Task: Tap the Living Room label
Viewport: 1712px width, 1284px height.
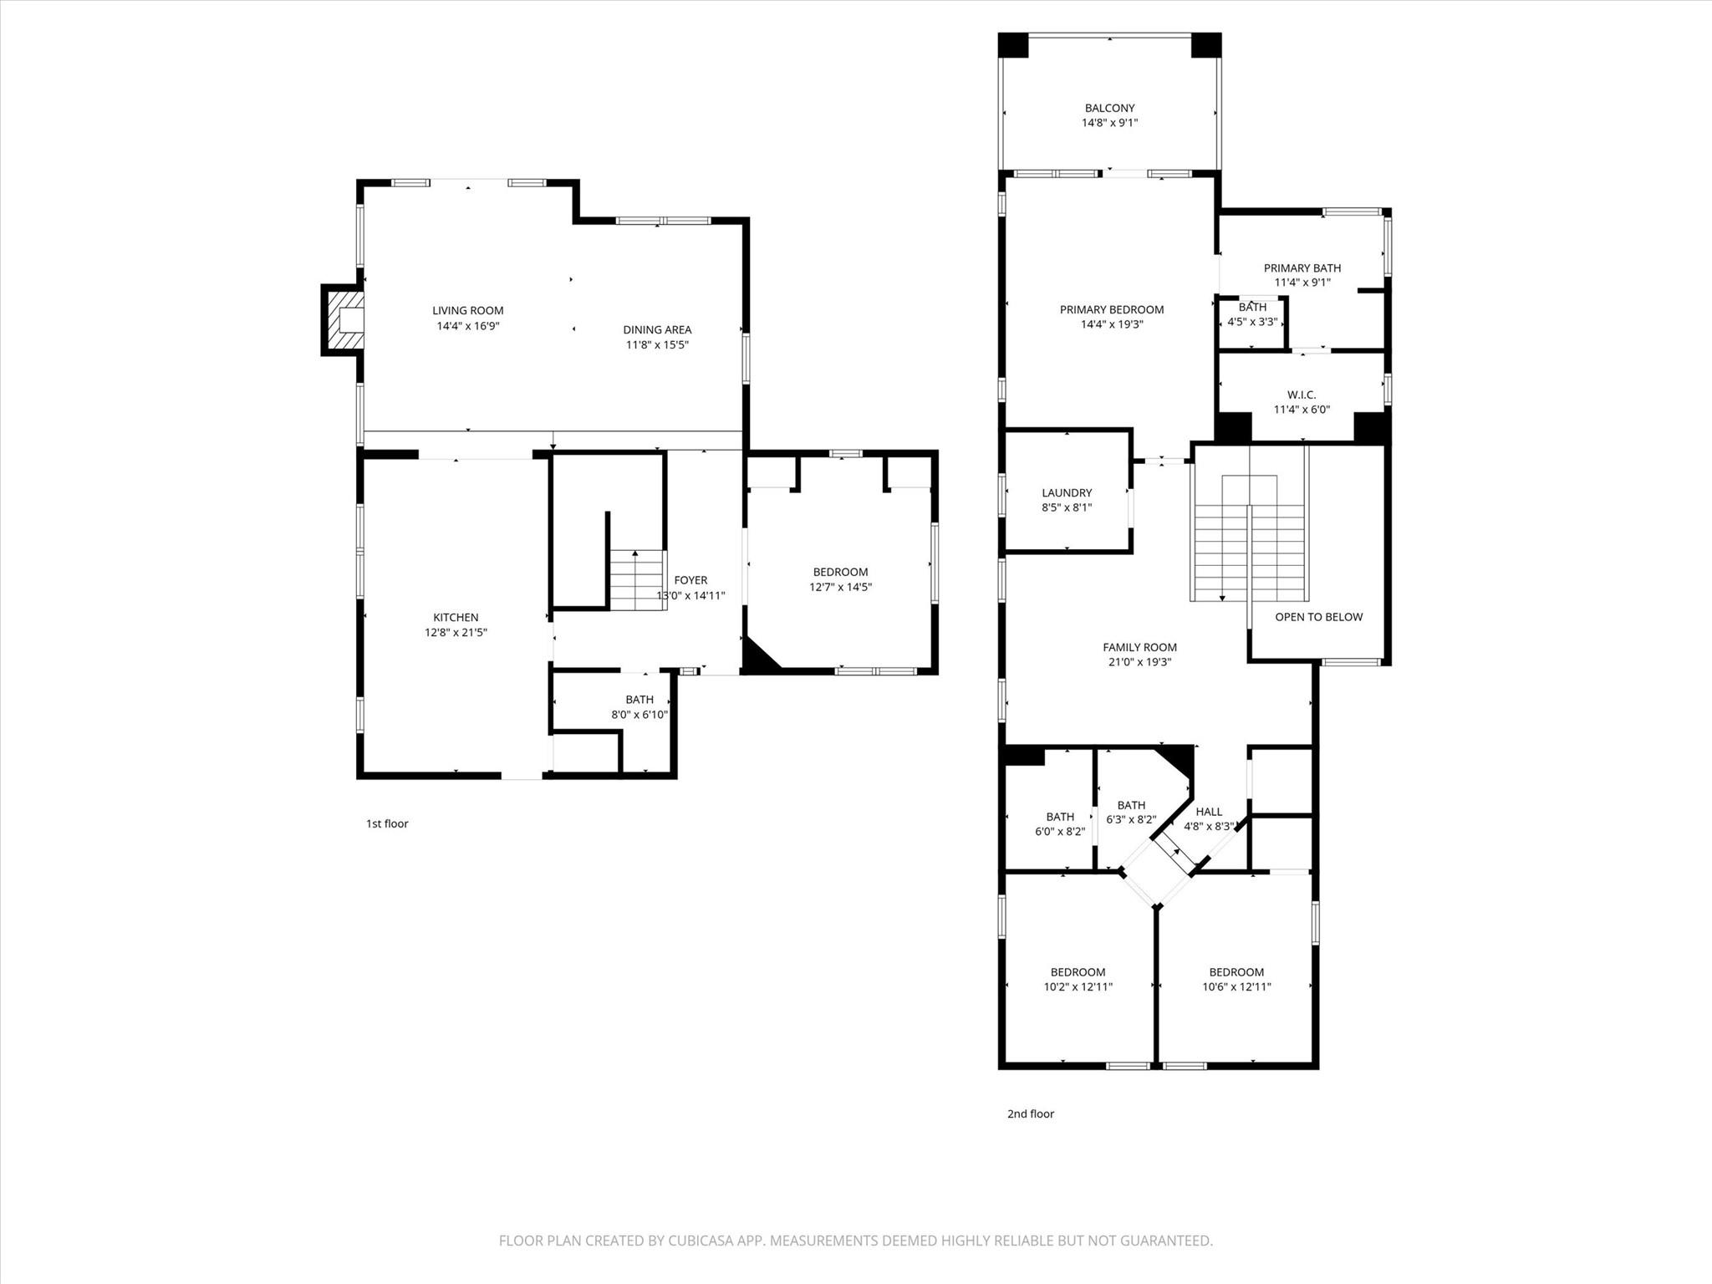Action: [467, 311]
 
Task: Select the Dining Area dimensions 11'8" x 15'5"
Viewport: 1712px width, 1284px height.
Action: [657, 344]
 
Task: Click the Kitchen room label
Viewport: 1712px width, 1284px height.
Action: [456, 618]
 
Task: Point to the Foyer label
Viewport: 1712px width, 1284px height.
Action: [690, 580]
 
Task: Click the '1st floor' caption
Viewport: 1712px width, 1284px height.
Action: [387, 823]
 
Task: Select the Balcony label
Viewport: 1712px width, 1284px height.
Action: [1109, 108]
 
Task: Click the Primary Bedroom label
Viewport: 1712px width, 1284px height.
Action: [1111, 309]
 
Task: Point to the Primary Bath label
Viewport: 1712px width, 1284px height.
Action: [1302, 268]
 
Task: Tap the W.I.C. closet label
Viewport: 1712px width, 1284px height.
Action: [1302, 395]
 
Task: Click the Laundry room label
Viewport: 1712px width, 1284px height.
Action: [1067, 493]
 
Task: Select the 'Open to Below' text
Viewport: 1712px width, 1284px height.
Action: [1318, 617]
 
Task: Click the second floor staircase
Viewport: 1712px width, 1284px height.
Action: [1249, 539]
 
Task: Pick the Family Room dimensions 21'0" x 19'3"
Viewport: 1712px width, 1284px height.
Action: [1139, 662]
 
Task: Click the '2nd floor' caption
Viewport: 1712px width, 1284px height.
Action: [1030, 1113]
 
